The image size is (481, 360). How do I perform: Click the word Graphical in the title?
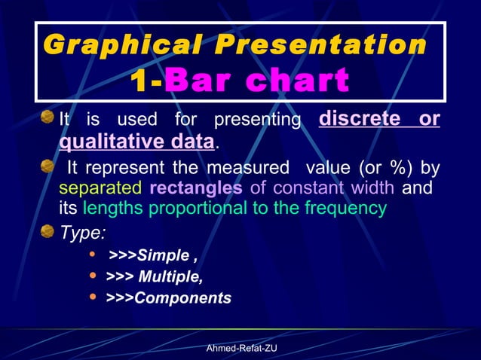pyautogui.click(x=125, y=45)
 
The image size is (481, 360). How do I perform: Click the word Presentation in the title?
pyautogui.click(x=320, y=45)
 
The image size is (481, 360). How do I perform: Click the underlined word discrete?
pyautogui.click(x=358, y=120)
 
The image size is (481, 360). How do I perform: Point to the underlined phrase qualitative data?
pyautogui.click(x=136, y=142)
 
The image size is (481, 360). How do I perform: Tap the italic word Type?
pyautogui.click(x=83, y=231)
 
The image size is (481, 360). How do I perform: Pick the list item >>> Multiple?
pyautogui.click(x=154, y=276)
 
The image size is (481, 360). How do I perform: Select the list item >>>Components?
pyautogui.click(x=168, y=298)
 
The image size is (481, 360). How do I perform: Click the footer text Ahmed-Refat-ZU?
pyautogui.click(x=241, y=348)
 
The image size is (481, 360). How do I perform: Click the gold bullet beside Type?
pyautogui.click(x=47, y=230)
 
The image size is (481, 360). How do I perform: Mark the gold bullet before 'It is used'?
pyautogui.click(x=47, y=117)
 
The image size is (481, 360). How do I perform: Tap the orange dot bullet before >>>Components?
pyautogui.click(x=93, y=297)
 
